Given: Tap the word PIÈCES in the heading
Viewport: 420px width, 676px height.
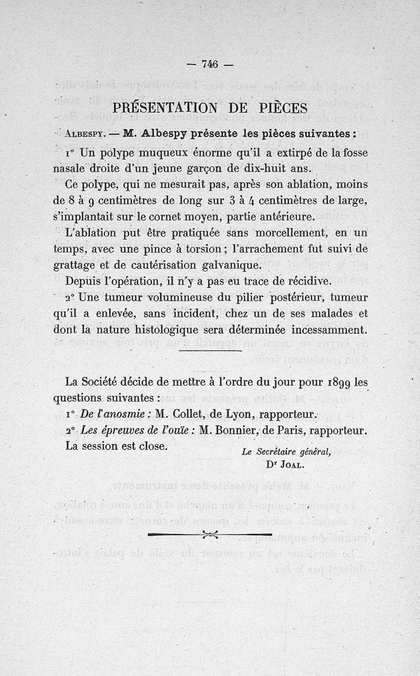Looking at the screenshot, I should click(275, 108).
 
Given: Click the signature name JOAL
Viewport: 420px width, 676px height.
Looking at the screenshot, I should click(292, 464).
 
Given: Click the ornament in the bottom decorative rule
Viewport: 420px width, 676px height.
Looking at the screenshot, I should click(210, 534).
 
